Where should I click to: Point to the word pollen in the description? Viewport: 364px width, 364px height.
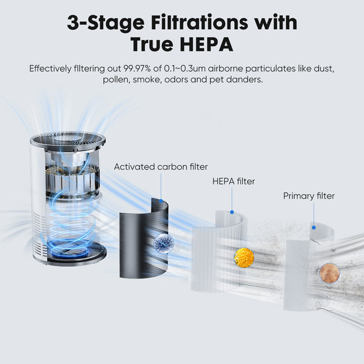116,80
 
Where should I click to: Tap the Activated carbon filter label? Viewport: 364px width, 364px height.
161,167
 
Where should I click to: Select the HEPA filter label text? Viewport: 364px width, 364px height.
234,181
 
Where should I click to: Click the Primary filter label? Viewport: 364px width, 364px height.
309,196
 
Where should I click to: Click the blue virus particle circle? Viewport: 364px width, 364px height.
163,243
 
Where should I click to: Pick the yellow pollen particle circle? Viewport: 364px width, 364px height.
244,258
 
